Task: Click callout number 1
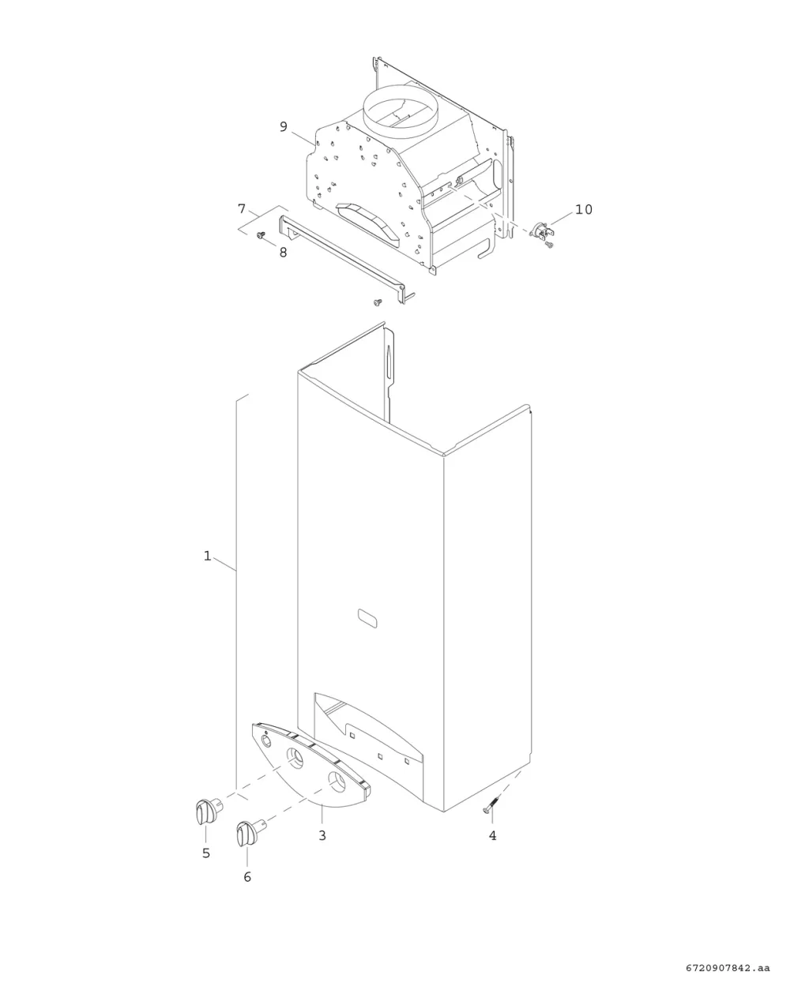click(x=207, y=556)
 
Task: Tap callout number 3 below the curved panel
click(x=322, y=835)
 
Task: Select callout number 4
click(x=493, y=835)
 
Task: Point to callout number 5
click(x=206, y=853)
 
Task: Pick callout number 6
click(x=247, y=876)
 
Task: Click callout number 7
click(x=242, y=209)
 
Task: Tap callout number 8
click(x=283, y=252)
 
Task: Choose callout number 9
click(x=284, y=126)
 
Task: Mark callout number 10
click(x=584, y=209)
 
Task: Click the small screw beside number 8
click(x=261, y=234)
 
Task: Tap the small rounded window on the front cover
click(x=367, y=618)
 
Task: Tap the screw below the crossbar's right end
click(x=378, y=302)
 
